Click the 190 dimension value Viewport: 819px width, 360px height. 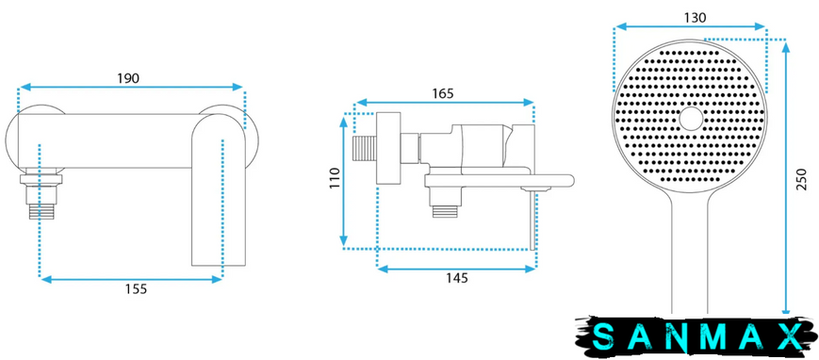click(128, 78)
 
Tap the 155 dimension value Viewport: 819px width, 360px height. click(137, 288)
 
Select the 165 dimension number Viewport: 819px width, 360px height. click(443, 93)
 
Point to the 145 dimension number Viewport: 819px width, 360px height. click(457, 278)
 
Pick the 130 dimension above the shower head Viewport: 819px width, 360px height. click(696, 18)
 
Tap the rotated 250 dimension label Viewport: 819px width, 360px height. click(802, 179)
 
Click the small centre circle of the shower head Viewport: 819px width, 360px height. click(692, 119)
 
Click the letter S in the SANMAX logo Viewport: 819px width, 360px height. click(604, 336)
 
